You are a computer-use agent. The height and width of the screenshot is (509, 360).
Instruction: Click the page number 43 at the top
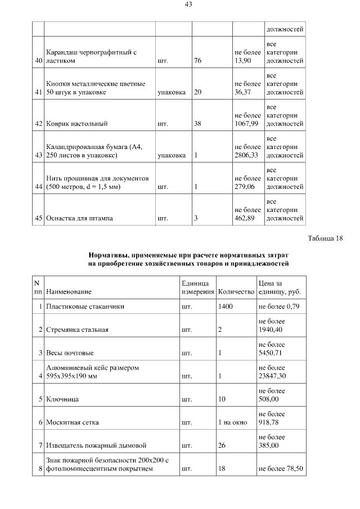pos(188,4)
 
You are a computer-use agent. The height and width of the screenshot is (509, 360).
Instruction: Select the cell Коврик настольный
pos(77,123)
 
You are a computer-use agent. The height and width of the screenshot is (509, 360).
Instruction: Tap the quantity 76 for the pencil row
pos(197,60)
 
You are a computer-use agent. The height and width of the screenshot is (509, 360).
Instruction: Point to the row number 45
pos(39,218)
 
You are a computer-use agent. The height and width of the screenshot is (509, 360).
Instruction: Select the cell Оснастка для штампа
pos(80,218)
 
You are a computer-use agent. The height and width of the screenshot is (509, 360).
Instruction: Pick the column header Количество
pos(236,292)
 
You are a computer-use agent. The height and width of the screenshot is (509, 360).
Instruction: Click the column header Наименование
pos(69,292)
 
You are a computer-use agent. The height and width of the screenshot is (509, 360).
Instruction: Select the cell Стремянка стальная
pos(77,330)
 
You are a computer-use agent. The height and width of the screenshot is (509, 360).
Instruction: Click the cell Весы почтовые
pos(70,353)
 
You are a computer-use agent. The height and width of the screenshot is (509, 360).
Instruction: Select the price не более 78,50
pos(280,468)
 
